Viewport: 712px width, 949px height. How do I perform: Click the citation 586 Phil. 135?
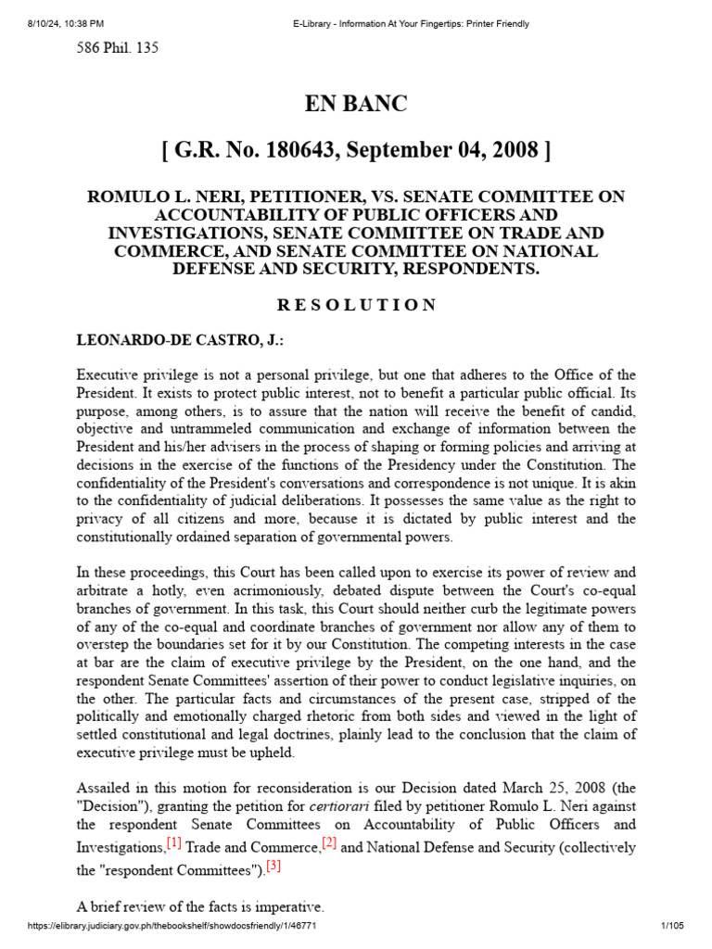coord(117,48)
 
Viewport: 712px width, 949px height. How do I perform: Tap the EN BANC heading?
coord(356,104)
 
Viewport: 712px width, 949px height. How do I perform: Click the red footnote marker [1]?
coord(173,844)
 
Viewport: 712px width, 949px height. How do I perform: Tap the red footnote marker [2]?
coord(329,844)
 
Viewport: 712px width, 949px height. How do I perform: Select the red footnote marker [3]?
coord(273,867)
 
